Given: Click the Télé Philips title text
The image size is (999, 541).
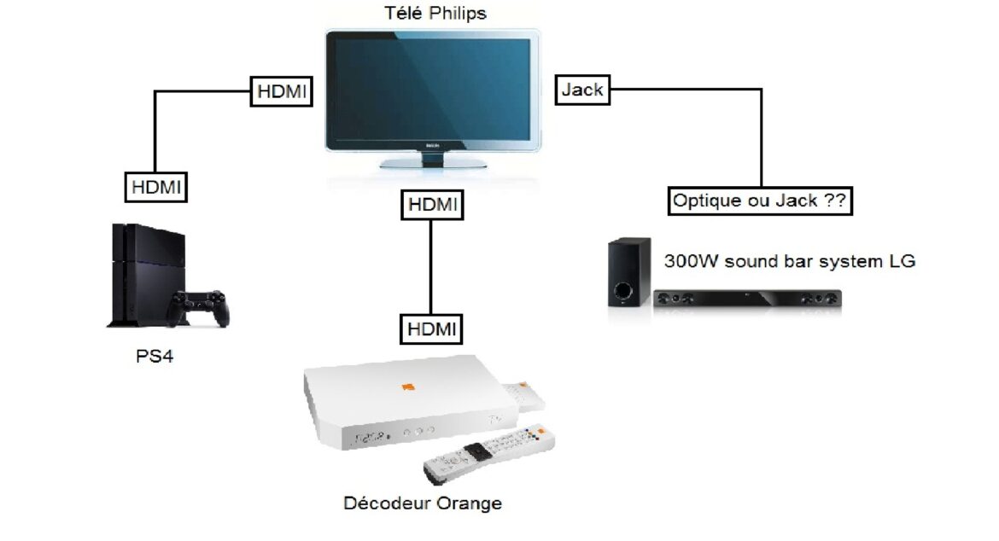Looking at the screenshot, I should (436, 13).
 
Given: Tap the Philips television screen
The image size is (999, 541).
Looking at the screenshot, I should (433, 88).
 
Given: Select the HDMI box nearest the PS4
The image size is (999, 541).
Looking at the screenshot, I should (156, 187).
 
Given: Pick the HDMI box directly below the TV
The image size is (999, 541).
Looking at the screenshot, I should (431, 205).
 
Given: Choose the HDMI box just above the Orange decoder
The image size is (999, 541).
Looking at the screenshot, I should (430, 329).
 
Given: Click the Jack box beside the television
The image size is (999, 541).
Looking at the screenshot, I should (583, 90).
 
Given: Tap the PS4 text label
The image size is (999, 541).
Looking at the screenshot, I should (155, 356).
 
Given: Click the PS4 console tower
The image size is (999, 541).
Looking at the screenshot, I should (137, 273).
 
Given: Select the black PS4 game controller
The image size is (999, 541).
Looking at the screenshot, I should (199, 306).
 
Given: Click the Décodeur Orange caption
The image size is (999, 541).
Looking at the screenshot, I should (422, 503).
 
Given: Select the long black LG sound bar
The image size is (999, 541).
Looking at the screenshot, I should (747, 299).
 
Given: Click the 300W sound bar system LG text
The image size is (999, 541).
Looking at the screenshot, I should (789, 261).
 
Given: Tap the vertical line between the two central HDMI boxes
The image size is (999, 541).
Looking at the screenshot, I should (431, 266).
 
